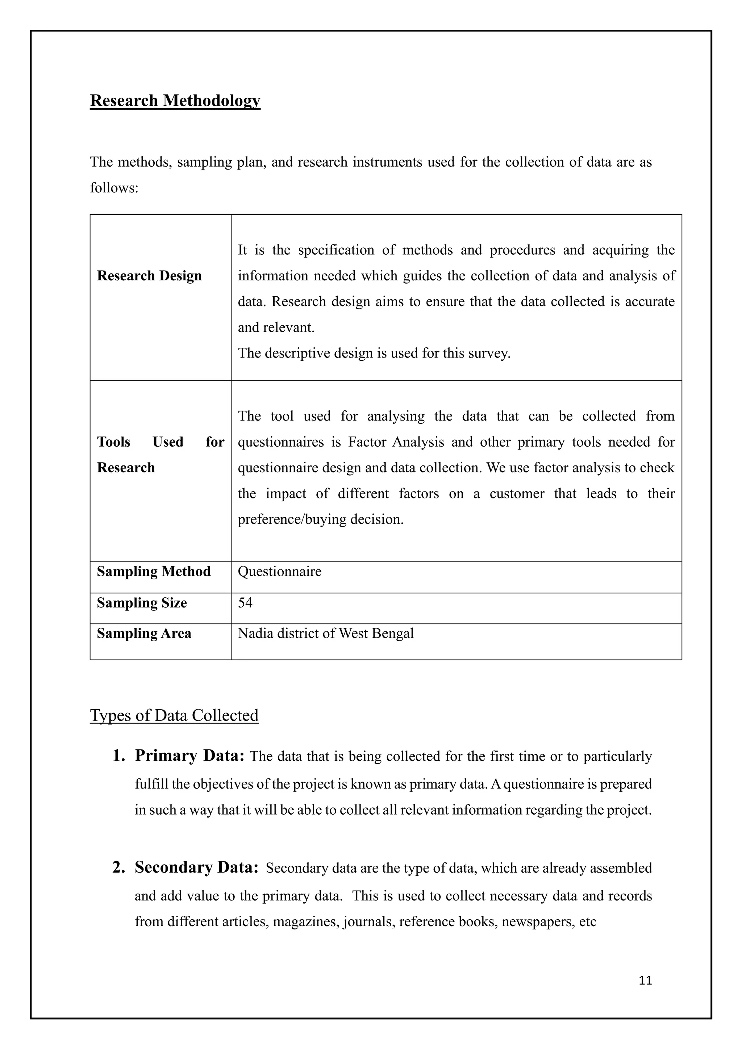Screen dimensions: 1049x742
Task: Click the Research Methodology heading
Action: [x=175, y=100]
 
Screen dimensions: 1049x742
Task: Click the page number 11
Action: [x=645, y=981]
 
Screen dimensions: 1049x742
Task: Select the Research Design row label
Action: [x=149, y=276]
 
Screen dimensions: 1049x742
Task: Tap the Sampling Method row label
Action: [x=154, y=572]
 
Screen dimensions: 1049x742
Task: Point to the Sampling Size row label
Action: [x=142, y=603]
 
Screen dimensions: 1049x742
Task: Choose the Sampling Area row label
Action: [x=144, y=634]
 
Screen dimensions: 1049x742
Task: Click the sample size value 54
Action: [x=245, y=603]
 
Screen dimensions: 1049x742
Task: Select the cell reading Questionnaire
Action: [x=280, y=572]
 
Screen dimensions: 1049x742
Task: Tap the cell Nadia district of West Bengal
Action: [x=326, y=634]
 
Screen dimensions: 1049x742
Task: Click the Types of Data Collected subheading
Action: [x=174, y=715]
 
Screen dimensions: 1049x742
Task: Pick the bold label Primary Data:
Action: [x=189, y=756]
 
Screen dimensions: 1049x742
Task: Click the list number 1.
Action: [x=119, y=756]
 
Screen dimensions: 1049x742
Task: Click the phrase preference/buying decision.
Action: [x=320, y=519]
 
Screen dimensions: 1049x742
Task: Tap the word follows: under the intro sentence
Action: [x=114, y=188]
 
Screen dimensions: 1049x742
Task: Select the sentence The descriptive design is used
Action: [x=374, y=353]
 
